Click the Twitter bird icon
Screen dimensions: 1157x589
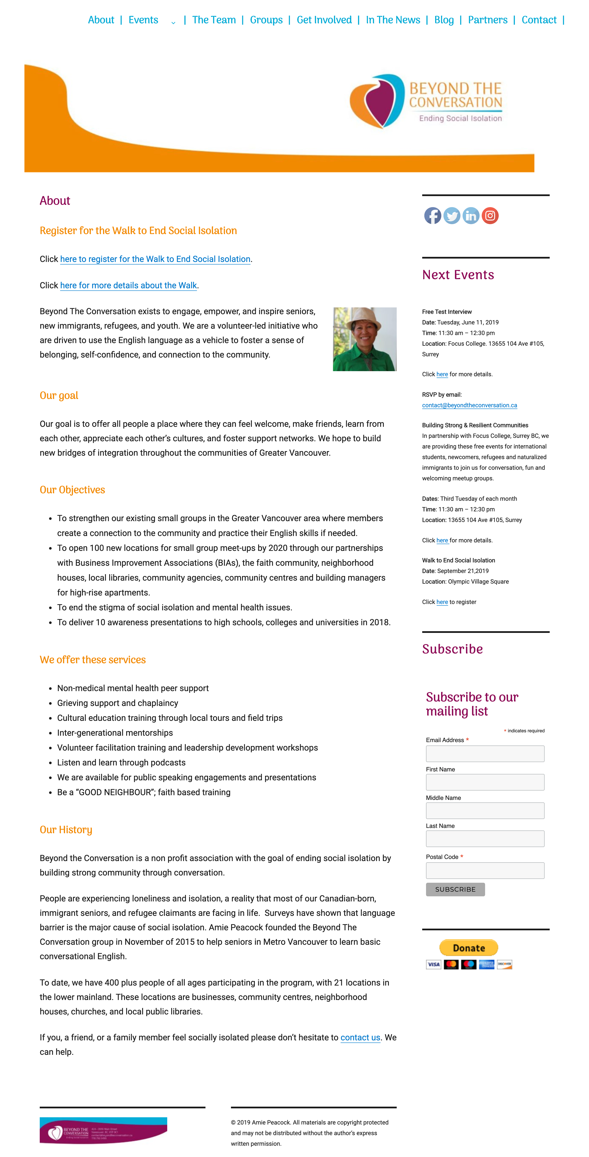coord(452,216)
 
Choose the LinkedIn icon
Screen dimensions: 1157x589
coord(471,216)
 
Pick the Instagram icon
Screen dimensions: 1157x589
coord(490,216)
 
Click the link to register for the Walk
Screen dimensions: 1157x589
coord(155,259)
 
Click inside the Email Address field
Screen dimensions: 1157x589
coord(485,754)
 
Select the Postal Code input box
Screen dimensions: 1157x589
coord(485,870)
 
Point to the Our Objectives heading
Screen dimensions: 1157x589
coord(72,490)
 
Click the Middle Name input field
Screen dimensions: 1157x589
coord(485,811)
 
